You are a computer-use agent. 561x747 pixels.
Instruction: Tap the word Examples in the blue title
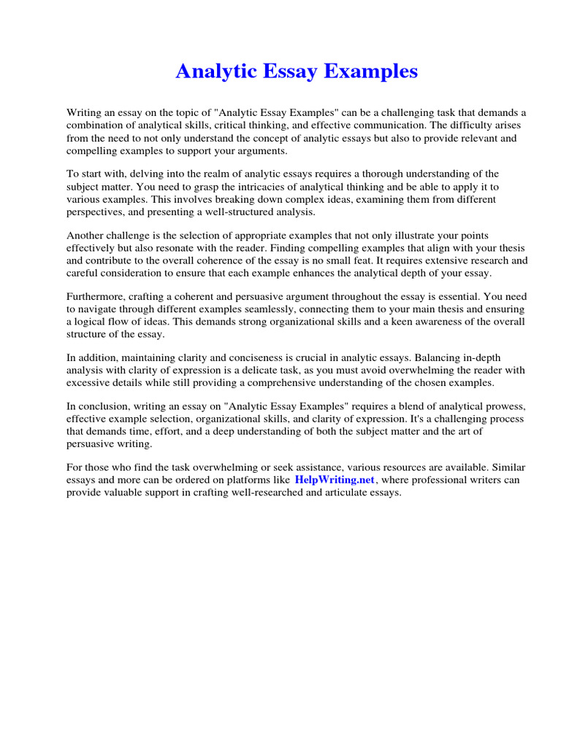(x=373, y=71)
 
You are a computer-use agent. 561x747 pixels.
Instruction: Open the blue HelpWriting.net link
(x=335, y=481)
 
